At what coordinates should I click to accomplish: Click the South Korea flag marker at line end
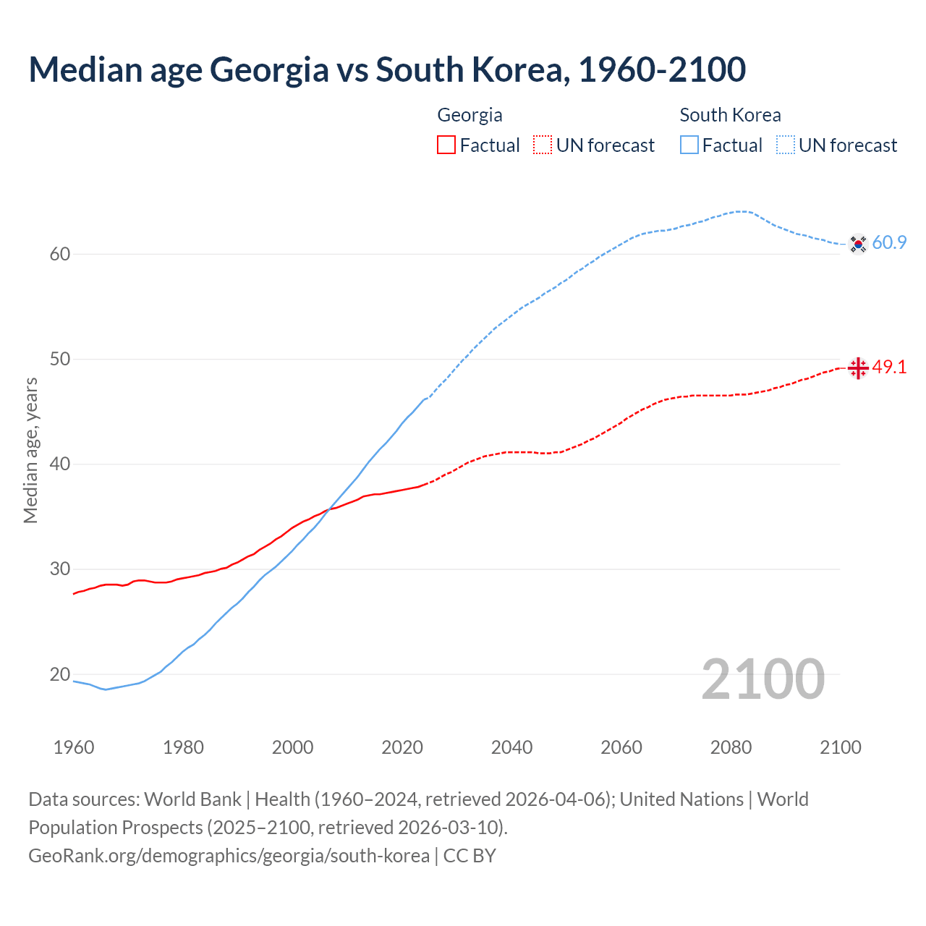(x=858, y=244)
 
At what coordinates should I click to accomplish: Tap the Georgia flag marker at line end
(x=858, y=368)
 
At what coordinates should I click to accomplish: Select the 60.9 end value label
(x=889, y=243)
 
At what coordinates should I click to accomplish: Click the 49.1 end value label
(x=889, y=368)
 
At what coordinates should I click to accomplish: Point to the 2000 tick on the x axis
(x=293, y=747)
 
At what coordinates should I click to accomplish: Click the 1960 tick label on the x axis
(x=74, y=747)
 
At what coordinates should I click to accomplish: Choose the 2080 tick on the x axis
(x=731, y=747)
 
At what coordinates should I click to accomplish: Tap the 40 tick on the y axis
(x=60, y=464)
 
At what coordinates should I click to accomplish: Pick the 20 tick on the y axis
(x=60, y=674)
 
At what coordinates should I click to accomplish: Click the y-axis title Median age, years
(x=30, y=450)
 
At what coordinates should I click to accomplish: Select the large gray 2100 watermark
(x=763, y=679)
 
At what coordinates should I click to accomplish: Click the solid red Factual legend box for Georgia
(x=446, y=145)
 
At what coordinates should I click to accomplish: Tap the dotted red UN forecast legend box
(x=543, y=145)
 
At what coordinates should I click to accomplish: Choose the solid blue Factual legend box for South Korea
(x=689, y=145)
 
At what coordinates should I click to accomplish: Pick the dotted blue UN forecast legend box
(x=786, y=145)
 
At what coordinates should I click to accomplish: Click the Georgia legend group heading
(x=470, y=115)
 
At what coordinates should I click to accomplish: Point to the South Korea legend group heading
(x=730, y=115)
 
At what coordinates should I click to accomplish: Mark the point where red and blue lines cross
(x=329, y=509)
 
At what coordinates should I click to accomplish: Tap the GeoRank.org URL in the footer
(x=229, y=856)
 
